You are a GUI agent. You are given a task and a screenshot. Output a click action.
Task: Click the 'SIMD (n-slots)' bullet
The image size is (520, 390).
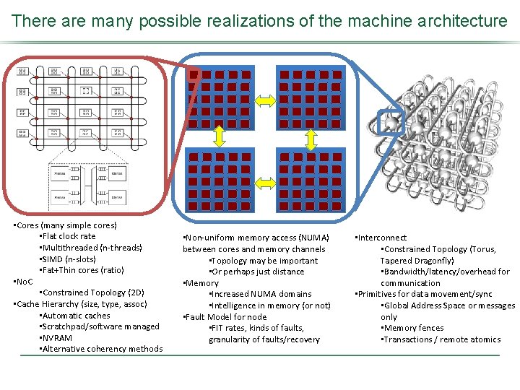coord(68,259)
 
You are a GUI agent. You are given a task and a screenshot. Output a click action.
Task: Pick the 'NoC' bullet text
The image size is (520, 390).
coord(25,281)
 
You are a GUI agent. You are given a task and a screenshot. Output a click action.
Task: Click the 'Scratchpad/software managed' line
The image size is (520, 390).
coord(100,326)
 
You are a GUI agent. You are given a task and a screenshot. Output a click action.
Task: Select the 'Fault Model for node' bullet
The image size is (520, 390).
coord(225,316)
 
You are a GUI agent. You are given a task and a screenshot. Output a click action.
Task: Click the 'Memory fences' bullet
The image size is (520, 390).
coord(412,328)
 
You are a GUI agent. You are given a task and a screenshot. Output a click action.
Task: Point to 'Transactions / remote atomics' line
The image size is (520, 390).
coord(441,339)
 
